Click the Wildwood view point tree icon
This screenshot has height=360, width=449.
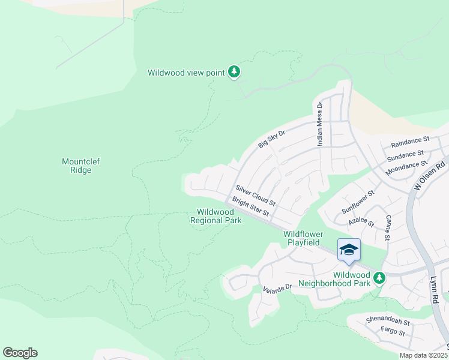234,73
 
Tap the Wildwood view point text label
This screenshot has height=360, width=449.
186,73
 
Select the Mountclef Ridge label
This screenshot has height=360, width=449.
77,166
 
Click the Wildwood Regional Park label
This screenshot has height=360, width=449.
215,216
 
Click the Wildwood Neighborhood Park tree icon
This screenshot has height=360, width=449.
379,278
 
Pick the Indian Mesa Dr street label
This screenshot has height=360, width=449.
320,124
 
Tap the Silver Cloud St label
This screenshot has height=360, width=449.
255,194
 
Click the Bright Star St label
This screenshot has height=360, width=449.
251,207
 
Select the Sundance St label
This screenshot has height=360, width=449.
405,155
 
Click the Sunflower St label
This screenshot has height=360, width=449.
357,202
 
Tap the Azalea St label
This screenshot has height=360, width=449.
361,223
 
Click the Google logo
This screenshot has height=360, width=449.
20,353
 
